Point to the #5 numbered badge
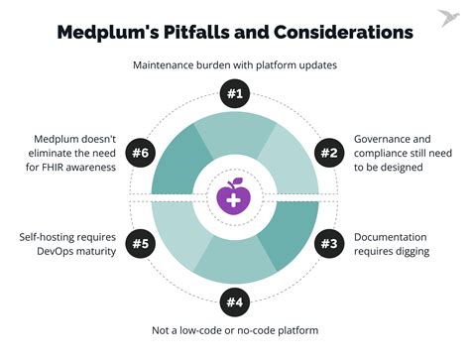[142, 244]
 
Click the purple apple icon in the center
[234, 196]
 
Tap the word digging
[410, 252]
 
